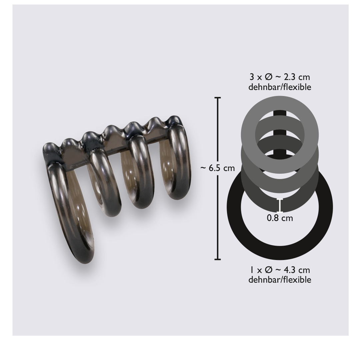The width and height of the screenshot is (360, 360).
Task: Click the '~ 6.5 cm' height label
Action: [217, 168]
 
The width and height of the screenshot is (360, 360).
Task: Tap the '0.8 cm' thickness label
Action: [280, 218]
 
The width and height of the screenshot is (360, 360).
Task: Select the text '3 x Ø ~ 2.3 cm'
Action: [280, 77]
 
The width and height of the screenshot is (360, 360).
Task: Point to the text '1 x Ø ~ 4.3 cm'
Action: [280, 270]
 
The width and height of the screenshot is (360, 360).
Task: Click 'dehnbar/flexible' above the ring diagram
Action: [280, 87]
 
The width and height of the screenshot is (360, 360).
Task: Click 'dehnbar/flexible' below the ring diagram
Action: [280, 280]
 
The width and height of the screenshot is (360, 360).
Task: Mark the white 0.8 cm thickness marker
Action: [280, 205]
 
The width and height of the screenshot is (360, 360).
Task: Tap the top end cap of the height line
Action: [218, 98]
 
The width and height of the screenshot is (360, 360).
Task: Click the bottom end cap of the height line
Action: [218, 259]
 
